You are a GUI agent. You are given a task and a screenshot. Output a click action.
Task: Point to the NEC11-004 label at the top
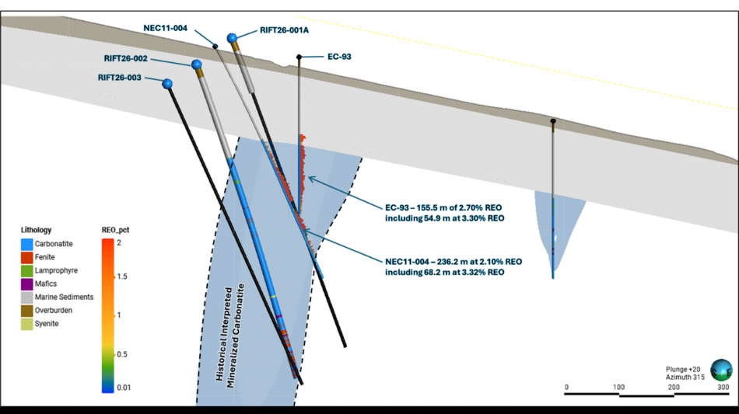[x=166, y=27]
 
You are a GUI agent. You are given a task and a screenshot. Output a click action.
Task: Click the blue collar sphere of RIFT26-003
[x=167, y=83]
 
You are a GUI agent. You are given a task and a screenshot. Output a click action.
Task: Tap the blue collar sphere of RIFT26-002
[x=197, y=64]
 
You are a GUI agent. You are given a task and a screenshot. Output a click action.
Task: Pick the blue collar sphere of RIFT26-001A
[x=232, y=38]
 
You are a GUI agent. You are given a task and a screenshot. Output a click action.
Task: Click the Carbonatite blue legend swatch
[x=27, y=244]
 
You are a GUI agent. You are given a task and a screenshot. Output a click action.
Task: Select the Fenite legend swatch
[x=27, y=257]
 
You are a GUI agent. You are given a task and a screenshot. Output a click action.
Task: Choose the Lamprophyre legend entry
[x=56, y=270]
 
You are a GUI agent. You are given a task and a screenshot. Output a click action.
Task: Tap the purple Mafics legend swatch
[x=27, y=284]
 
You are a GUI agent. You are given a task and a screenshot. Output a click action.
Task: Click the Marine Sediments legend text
[x=64, y=297]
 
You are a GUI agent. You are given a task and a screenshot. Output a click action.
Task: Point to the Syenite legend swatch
[x=27, y=323]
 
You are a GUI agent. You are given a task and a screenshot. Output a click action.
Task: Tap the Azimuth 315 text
[x=685, y=377]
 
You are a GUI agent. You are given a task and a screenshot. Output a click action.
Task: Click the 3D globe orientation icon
[x=721, y=369]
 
